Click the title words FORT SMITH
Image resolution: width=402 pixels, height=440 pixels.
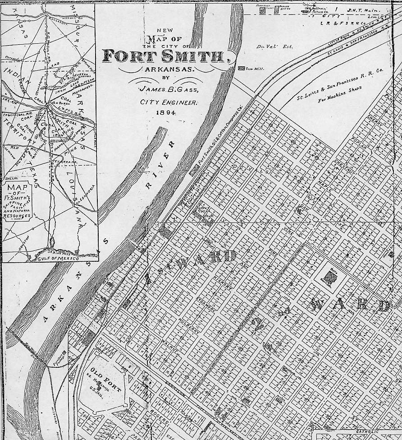point(163,56)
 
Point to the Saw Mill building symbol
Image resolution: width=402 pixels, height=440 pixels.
point(241,68)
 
